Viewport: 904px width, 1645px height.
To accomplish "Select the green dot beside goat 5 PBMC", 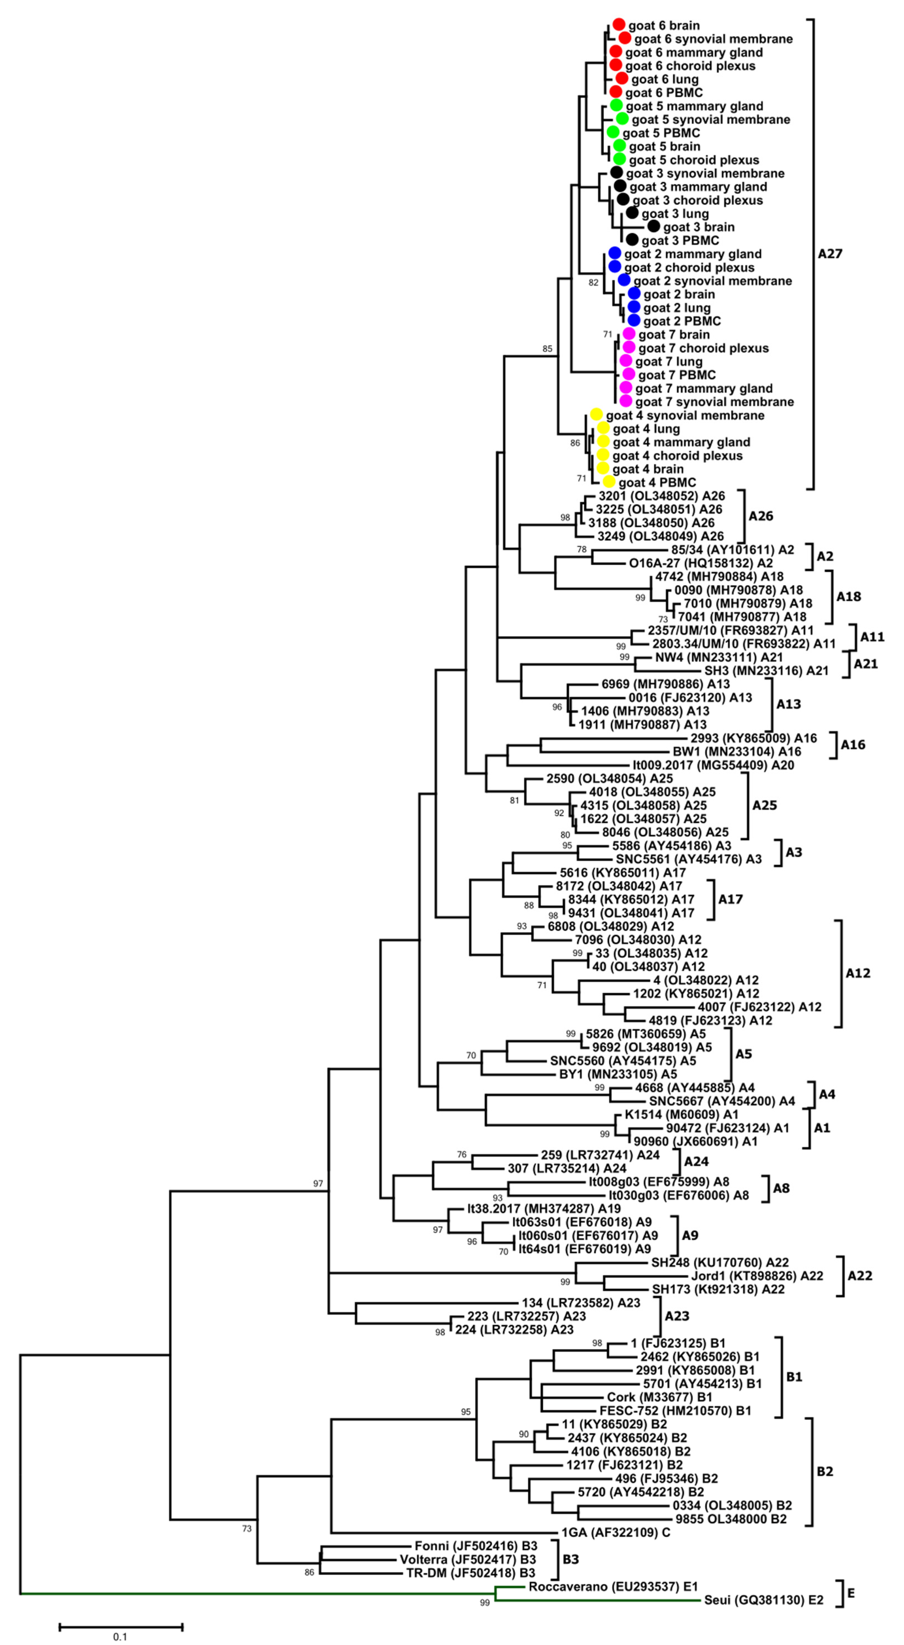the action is point(613,132).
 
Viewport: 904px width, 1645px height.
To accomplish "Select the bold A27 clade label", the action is point(830,254).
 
